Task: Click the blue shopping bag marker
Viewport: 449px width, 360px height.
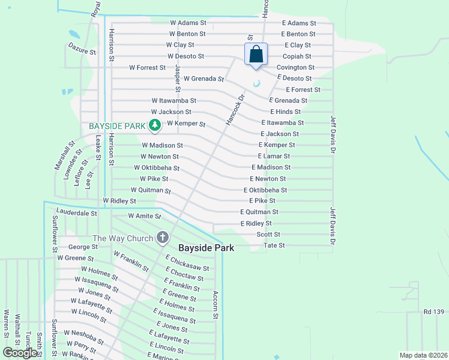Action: click(256, 54)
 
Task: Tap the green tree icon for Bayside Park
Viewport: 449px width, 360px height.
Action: click(155, 125)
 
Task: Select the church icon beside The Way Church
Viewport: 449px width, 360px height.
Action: click(162, 238)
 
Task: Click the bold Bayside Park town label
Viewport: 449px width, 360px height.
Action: click(205, 248)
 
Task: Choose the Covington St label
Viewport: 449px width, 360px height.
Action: click(295, 67)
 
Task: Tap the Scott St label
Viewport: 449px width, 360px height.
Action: click(268, 235)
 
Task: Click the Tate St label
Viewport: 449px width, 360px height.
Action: click(274, 245)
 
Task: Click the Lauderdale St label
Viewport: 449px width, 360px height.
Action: click(76, 212)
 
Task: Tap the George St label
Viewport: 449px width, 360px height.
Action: click(83, 247)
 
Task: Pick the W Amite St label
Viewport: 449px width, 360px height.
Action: click(145, 216)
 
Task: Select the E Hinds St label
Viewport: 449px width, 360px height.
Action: click(286, 112)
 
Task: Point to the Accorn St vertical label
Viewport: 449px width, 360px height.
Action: click(215, 305)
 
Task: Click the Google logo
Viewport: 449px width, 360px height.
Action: click(20, 353)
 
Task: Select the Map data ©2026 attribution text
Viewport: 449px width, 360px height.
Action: click(423, 355)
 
